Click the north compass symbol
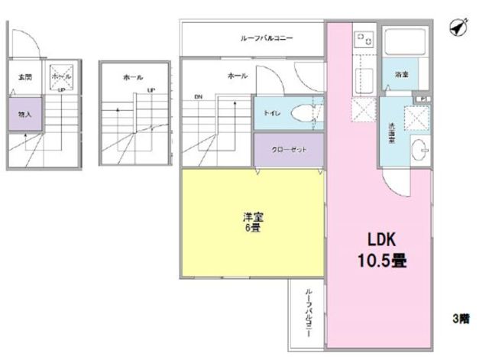pyautogui.click(x=458, y=28)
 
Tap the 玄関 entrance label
pyautogui.click(x=24, y=77)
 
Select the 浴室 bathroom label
pyautogui.click(x=400, y=75)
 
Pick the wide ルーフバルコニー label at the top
pyautogui.click(x=253, y=37)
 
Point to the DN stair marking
pyautogui.click(x=198, y=97)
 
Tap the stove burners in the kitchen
pyautogui.click(x=361, y=38)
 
